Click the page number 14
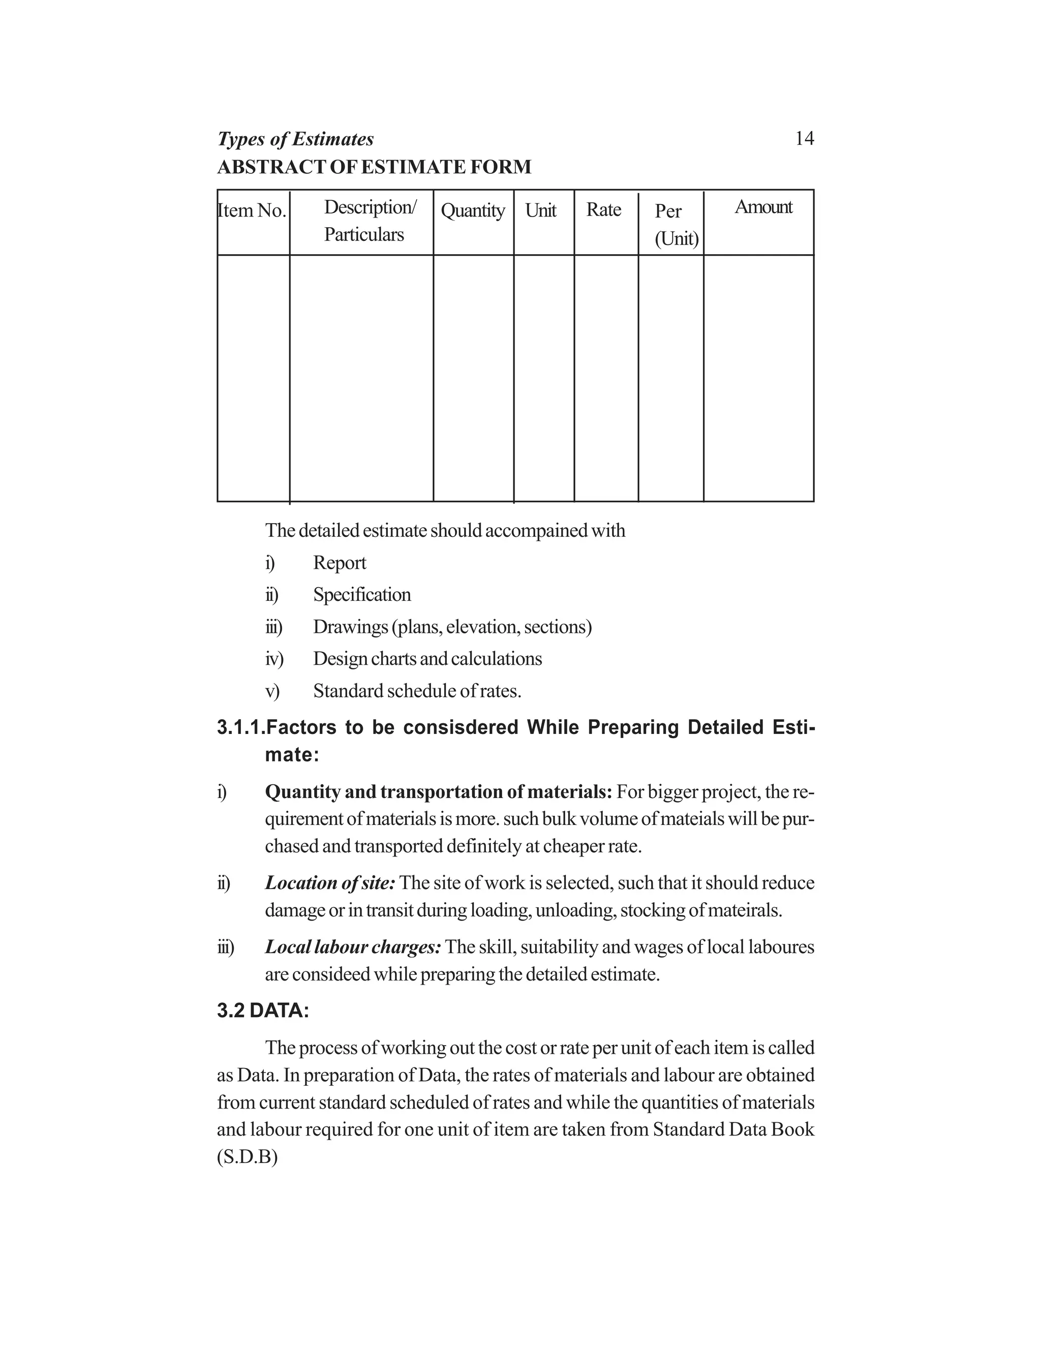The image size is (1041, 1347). coord(804,139)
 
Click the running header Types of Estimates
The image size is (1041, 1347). coord(295,139)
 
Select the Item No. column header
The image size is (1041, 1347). coord(252,211)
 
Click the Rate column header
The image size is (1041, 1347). coord(603,210)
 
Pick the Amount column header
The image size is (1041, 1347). coord(763,207)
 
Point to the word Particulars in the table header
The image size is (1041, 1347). coord(364,235)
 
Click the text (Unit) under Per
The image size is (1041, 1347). coord(677,239)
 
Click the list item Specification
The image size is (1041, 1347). coord(362,595)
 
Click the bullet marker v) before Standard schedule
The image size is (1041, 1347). coord(272,691)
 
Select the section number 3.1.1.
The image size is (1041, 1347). coord(240,728)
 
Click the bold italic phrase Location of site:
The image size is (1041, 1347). coord(330,883)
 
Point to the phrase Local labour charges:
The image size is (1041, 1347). coord(353,947)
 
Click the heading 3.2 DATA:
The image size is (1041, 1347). coord(263,1011)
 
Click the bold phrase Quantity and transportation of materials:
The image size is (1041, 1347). coord(438,792)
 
